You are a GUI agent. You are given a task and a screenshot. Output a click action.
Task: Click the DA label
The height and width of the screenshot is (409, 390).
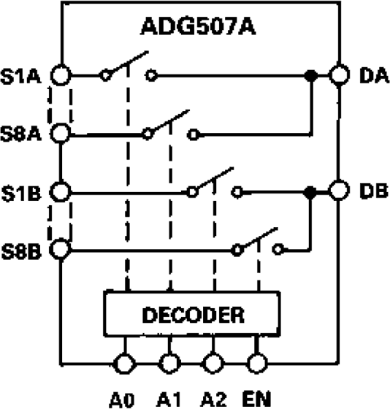[370, 75]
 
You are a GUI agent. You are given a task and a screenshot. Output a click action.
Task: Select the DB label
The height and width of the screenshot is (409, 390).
[370, 191]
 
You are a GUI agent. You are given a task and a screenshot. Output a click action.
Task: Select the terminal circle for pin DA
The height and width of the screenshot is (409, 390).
[338, 75]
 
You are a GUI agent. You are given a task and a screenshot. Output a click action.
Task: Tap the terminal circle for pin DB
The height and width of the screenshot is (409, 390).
[338, 191]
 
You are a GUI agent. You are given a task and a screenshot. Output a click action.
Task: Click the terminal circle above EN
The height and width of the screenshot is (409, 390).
[256, 363]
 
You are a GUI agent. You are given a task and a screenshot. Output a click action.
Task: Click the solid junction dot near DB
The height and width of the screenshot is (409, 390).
[310, 192]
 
